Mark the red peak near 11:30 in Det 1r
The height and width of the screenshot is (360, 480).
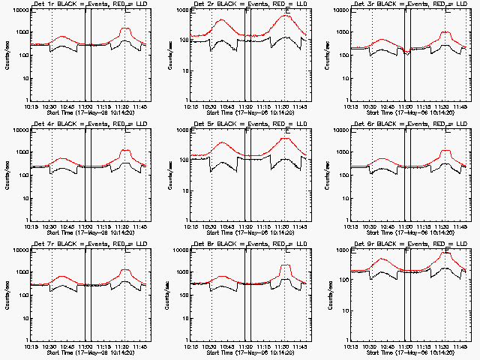pos(125,29)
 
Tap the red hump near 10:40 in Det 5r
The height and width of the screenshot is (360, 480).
pos(222,142)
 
